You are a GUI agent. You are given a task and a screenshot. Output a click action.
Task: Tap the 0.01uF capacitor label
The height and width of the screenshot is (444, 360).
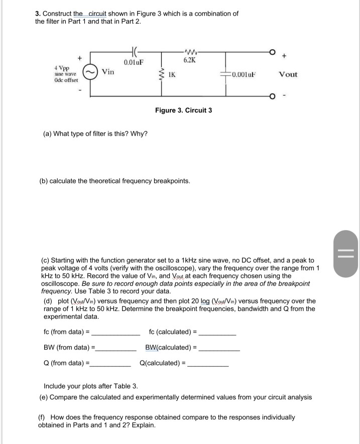pyautogui.click(x=134, y=62)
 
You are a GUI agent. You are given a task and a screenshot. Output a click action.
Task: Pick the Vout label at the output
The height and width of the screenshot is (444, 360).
pyautogui.click(x=288, y=74)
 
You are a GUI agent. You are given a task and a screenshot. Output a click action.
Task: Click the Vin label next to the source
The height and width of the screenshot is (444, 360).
pyautogui.click(x=107, y=72)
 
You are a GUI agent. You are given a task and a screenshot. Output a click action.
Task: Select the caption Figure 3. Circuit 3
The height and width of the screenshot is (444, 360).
pyautogui.click(x=183, y=110)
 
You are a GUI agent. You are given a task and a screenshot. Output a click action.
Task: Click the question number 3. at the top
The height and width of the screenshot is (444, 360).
pyautogui.click(x=38, y=14)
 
